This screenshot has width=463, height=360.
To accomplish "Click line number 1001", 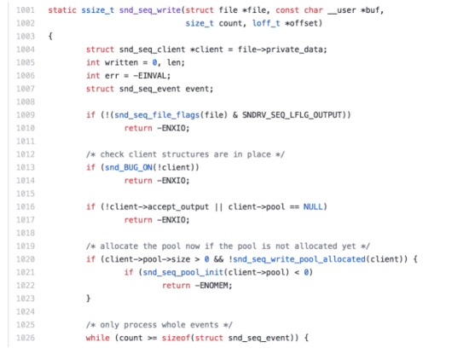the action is click(26, 10).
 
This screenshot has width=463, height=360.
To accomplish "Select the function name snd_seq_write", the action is click(150, 10).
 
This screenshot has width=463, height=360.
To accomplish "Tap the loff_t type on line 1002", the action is click(266, 23).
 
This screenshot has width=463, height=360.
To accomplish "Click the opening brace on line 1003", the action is click(50, 37).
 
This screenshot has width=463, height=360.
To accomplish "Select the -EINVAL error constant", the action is click(150, 76).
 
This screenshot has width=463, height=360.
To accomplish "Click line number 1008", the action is click(26, 102).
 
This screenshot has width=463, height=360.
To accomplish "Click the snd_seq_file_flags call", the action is click(157, 115).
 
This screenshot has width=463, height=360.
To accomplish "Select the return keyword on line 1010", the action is click(138, 128).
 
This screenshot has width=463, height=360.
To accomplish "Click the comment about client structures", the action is click(185, 154).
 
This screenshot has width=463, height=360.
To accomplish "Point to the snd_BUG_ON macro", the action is click(129, 168).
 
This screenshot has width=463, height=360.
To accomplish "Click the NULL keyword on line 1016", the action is click(313, 206).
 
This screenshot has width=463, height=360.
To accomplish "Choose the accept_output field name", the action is click(178, 207).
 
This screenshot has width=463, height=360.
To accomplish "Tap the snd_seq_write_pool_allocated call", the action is click(299, 259).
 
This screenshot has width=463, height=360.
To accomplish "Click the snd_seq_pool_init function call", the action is click(183, 273).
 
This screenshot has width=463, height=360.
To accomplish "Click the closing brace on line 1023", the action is click(89, 299).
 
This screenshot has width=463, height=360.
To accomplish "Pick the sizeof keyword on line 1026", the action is click(176, 338).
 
